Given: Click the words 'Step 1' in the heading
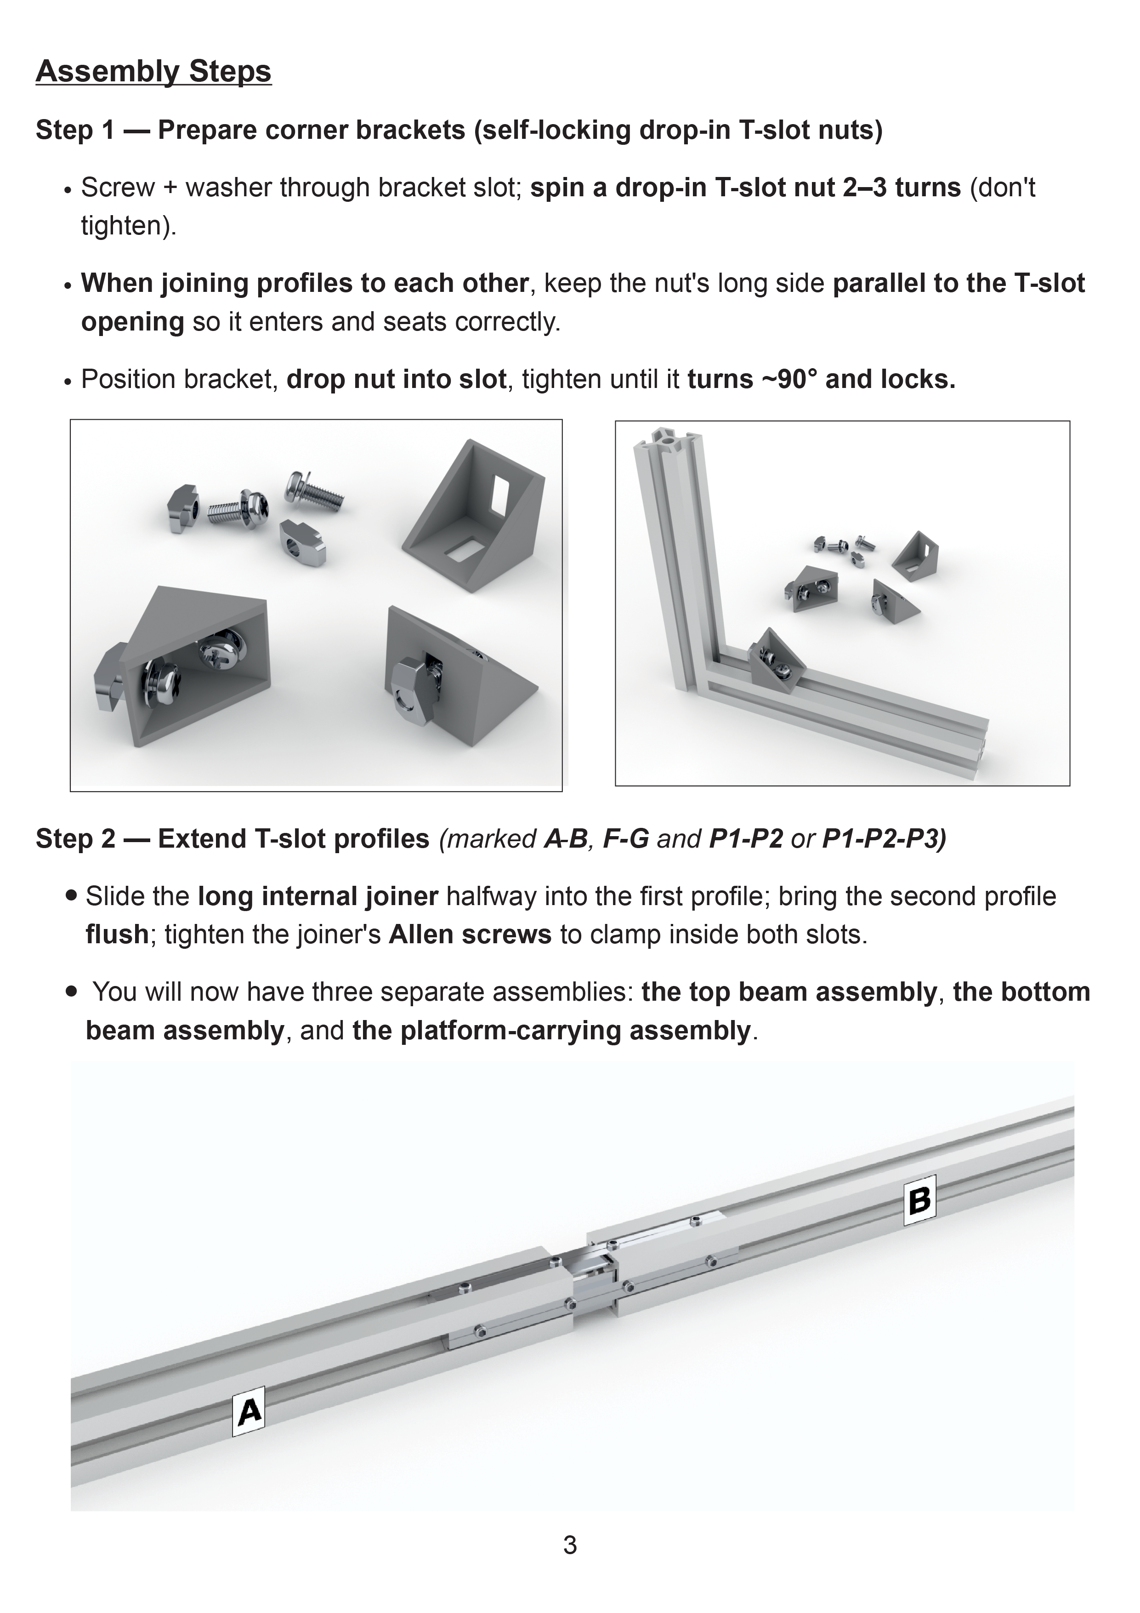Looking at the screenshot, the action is coord(75,130).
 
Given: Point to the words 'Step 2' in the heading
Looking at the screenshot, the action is coord(75,839).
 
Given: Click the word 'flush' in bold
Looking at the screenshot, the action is coord(117,935).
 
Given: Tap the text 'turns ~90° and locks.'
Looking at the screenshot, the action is coord(821,379).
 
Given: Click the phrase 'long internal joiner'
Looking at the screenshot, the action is coord(318,896).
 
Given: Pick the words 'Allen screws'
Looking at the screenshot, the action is coord(470,935).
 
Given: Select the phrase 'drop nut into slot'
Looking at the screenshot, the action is coord(396,379).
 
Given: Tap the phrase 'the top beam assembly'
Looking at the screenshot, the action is coord(789,992).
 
